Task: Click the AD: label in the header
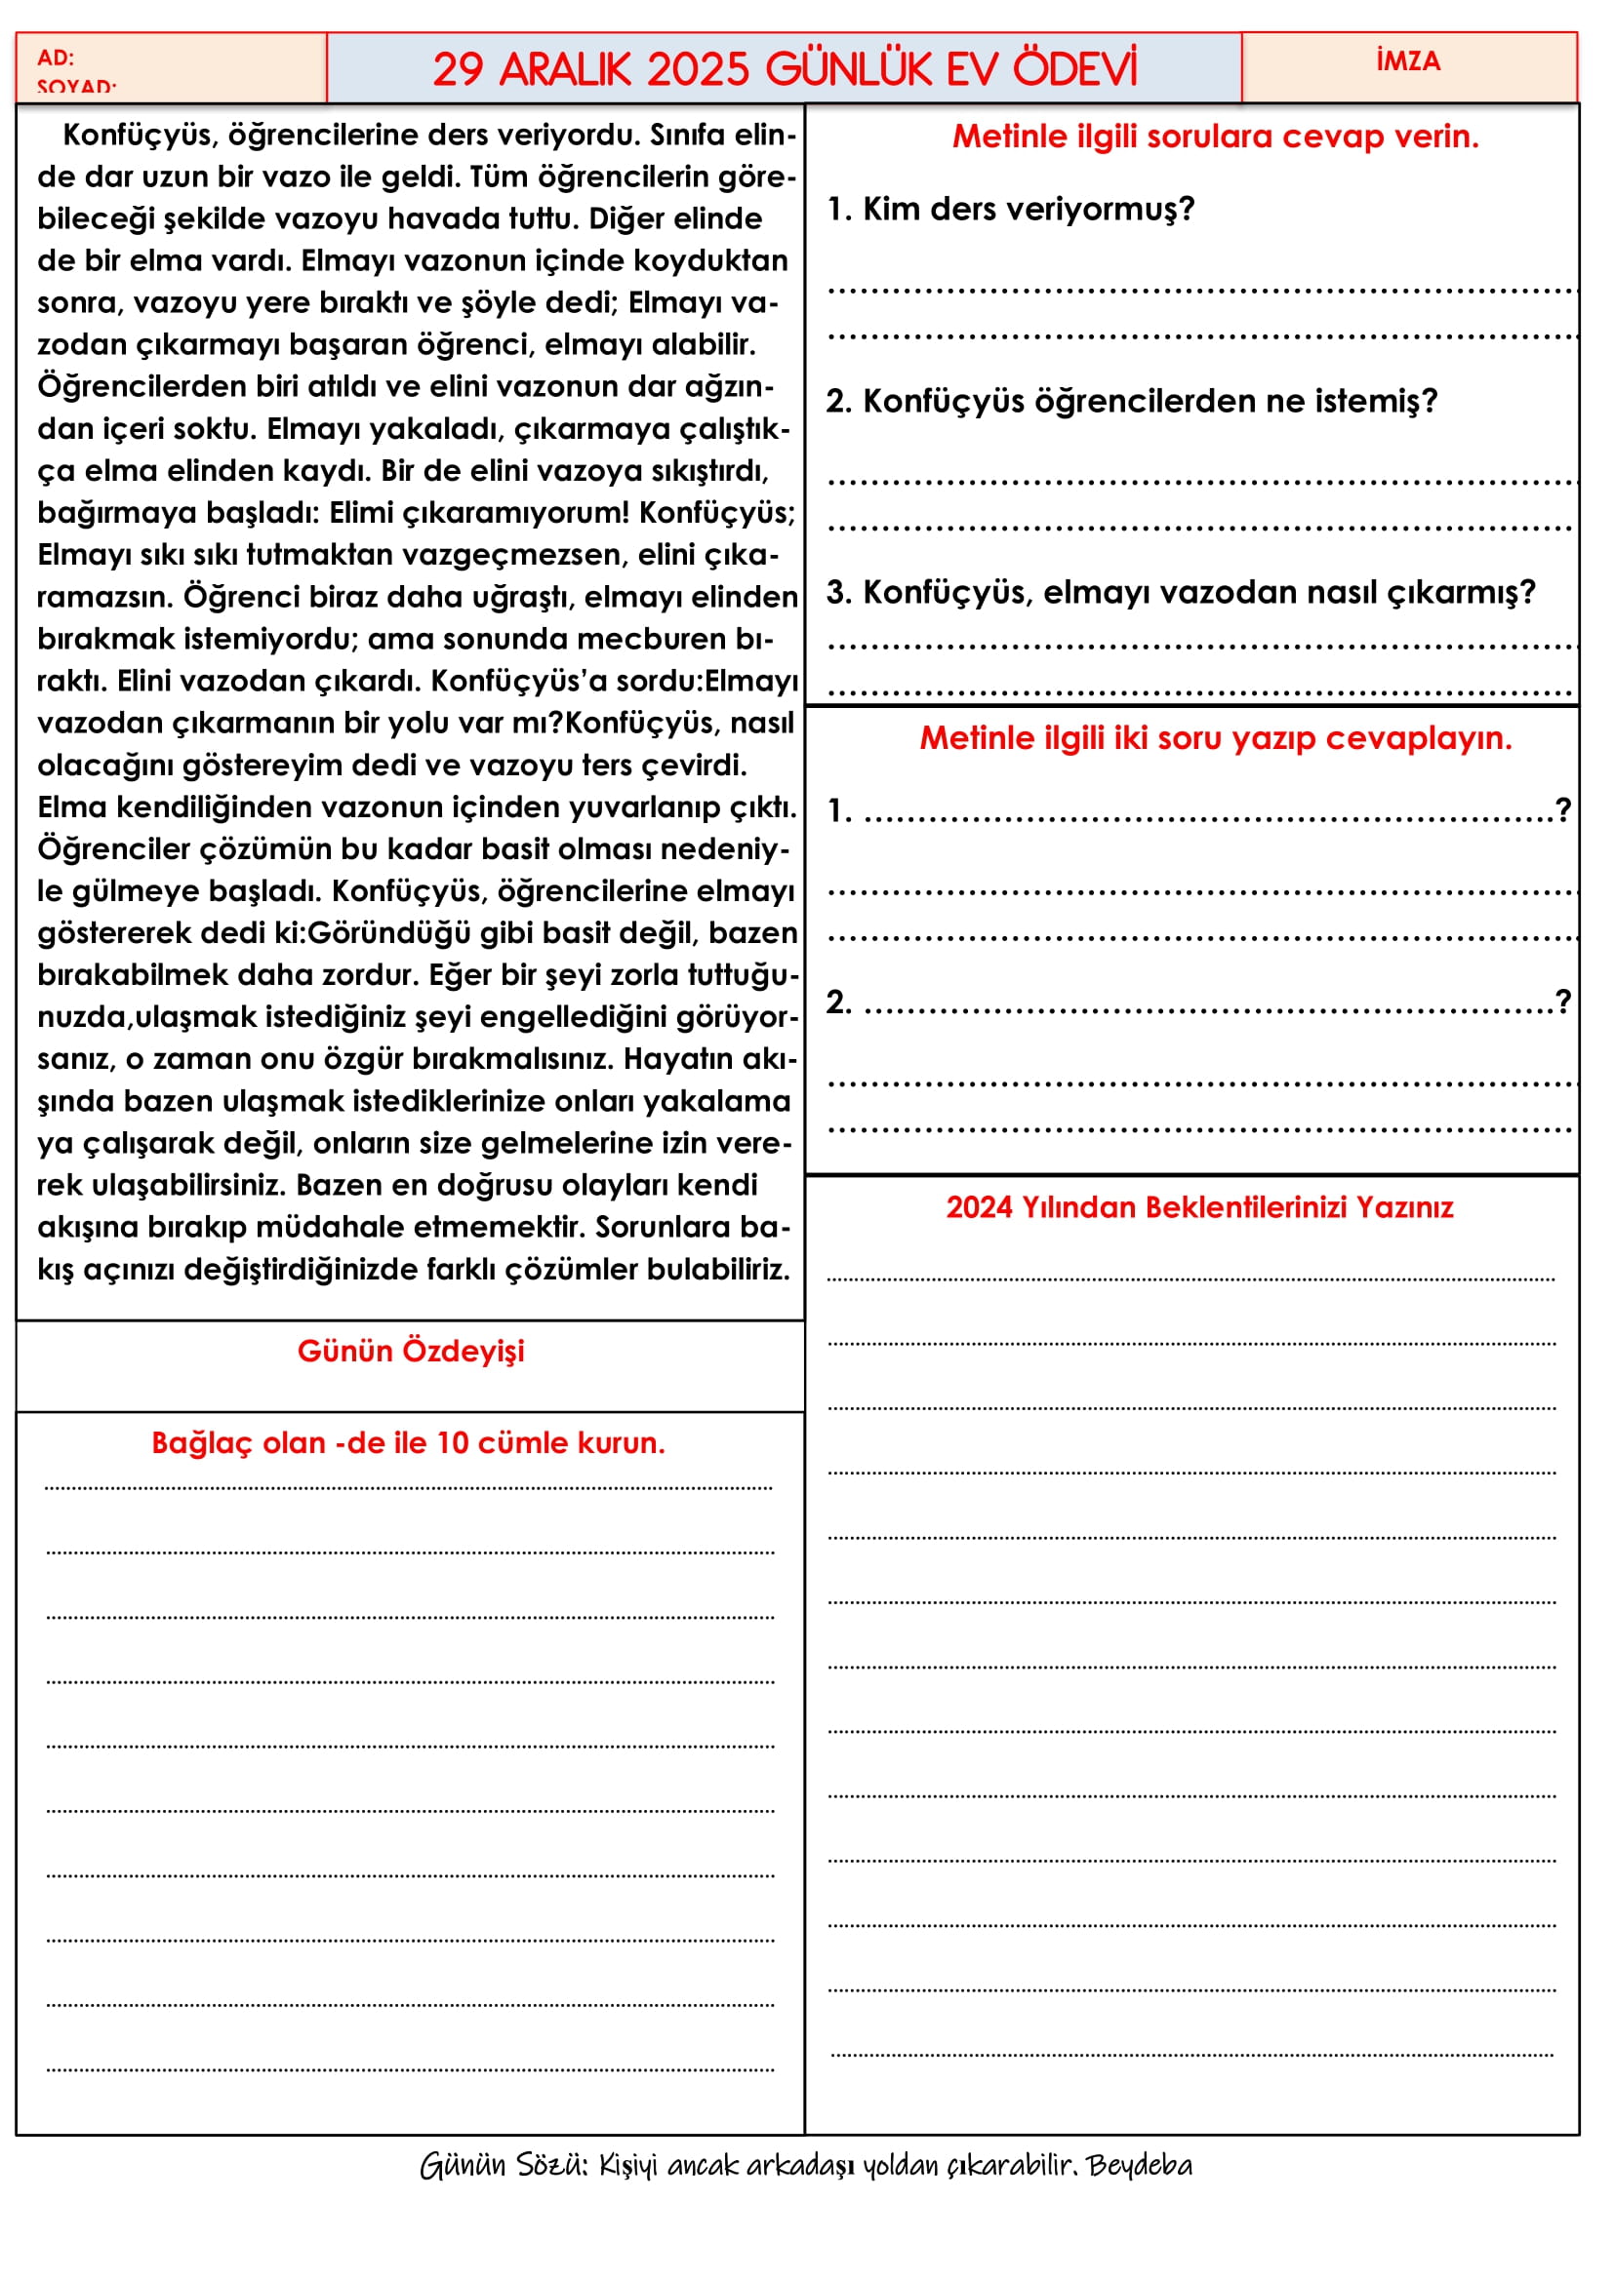coord(56,58)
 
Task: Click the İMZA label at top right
coord(1407,61)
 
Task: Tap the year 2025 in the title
coord(697,69)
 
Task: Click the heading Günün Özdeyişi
coord(411,1351)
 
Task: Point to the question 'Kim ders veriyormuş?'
coord(1011,209)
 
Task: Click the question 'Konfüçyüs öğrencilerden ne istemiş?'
coord(1132,401)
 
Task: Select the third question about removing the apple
coord(1181,592)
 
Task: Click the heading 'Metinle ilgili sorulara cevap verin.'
coord(1215,137)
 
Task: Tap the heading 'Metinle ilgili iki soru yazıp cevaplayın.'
coord(1215,738)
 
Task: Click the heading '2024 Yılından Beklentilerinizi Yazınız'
coord(1199,1207)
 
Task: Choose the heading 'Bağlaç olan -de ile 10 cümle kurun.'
coord(409,1442)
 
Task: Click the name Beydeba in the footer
coord(1139,2165)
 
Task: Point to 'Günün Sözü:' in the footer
coord(504,2165)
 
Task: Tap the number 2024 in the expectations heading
coord(978,1207)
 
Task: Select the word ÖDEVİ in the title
coord(1074,69)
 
